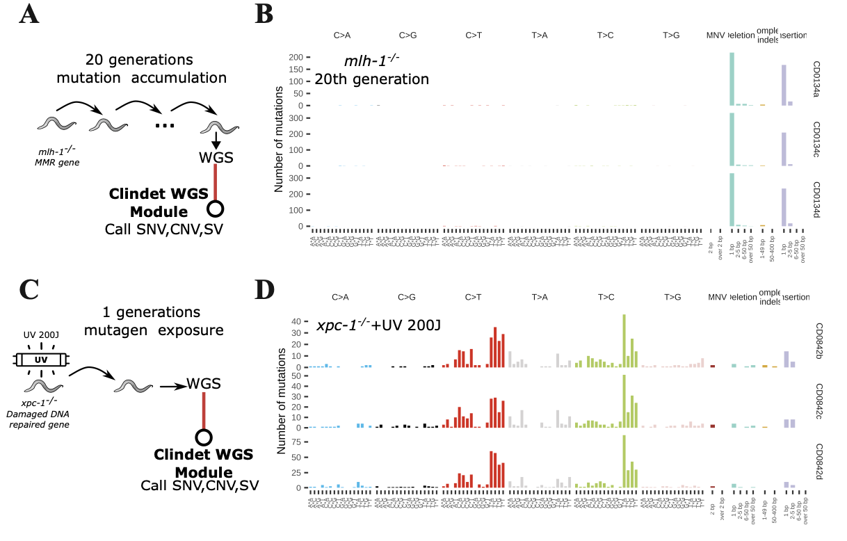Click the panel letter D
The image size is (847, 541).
(x=267, y=289)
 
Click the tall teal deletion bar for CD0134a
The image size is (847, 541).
(x=732, y=79)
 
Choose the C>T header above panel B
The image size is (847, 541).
(x=474, y=34)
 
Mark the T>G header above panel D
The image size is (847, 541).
(x=672, y=297)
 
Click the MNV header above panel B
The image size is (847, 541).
(x=716, y=34)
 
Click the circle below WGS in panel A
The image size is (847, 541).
(x=216, y=209)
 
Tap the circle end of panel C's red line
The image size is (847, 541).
(x=203, y=437)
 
